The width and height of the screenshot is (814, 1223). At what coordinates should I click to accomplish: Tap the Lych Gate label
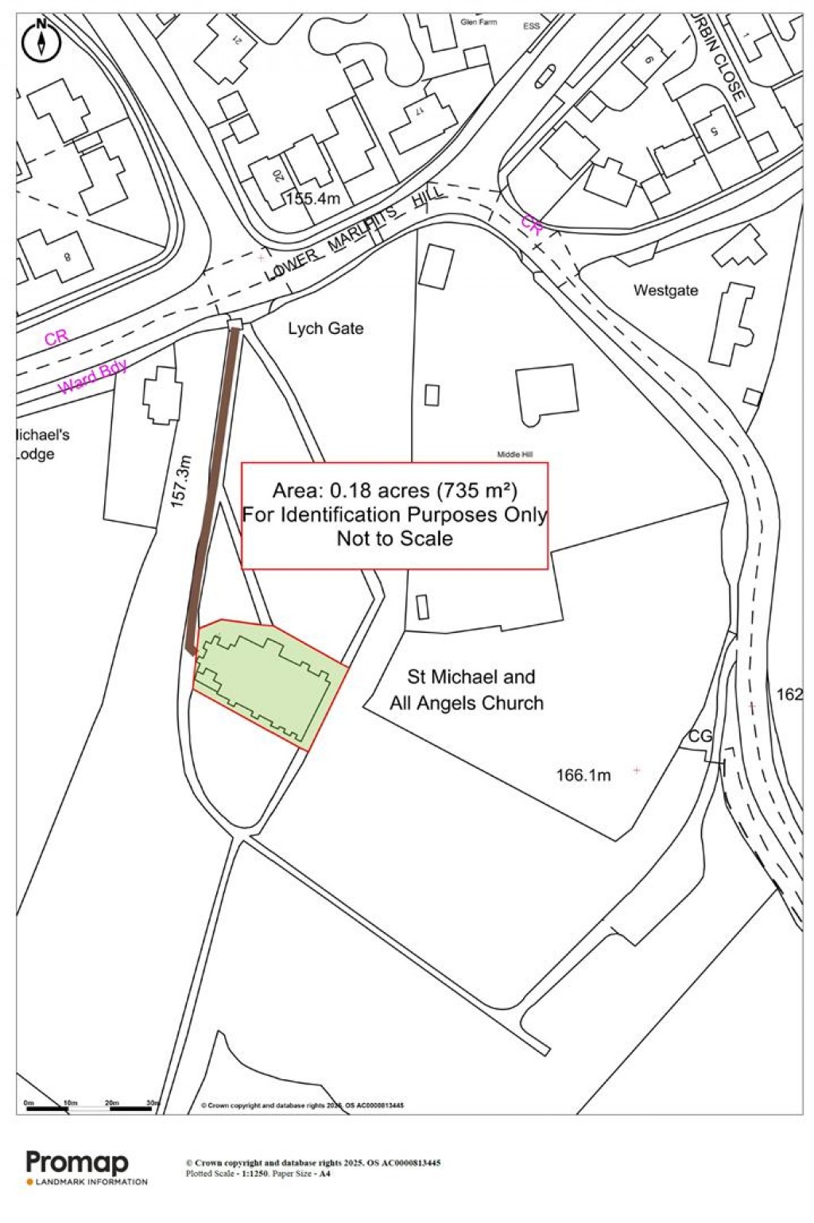(x=326, y=328)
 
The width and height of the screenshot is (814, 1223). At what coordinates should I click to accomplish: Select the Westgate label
(x=665, y=290)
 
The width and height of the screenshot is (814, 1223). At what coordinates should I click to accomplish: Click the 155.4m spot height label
(x=313, y=199)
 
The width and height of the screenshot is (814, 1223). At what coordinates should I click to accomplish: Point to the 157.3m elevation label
(x=181, y=481)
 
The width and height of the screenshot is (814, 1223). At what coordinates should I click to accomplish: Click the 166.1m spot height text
(x=583, y=775)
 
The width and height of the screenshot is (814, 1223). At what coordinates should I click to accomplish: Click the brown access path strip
(x=212, y=485)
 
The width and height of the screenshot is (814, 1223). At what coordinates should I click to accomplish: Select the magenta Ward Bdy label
(x=93, y=376)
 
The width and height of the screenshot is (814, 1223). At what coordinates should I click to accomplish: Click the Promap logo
(x=78, y=1163)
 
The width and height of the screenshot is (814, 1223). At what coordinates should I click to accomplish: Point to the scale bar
(x=91, y=1106)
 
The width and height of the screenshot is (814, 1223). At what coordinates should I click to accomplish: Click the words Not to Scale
(x=394, y=538)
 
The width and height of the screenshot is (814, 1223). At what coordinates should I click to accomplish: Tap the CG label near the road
(x=700, y=736)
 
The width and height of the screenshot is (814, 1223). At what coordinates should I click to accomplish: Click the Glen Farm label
(x=479, y=22)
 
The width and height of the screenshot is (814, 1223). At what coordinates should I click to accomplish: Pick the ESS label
(x=531, y=26)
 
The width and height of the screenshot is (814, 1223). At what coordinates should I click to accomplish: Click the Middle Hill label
(x=515, y=454)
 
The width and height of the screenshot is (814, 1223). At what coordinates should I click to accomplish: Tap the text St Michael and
(x=471, y=677)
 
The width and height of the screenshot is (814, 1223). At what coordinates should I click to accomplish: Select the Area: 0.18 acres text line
(x=394, y=490)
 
